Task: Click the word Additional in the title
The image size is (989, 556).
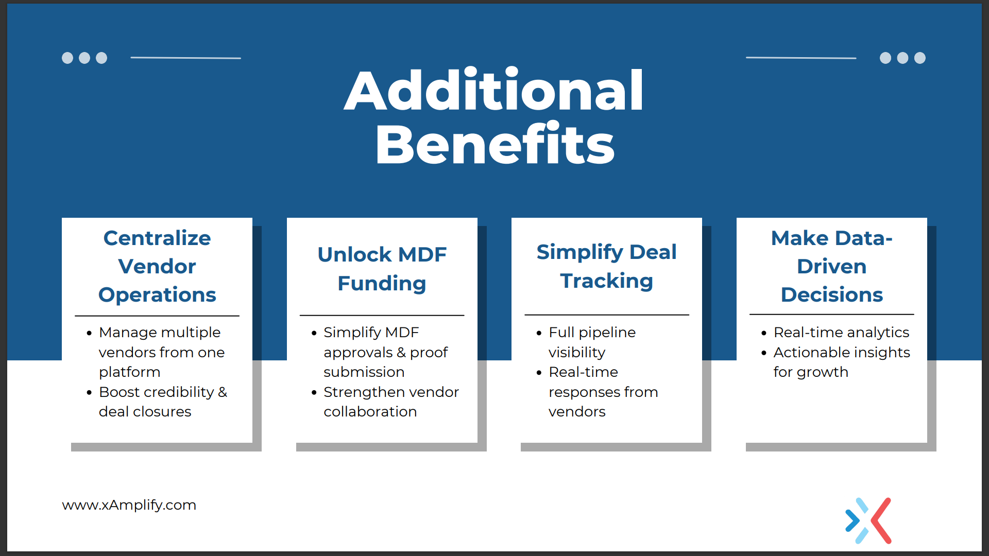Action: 494,91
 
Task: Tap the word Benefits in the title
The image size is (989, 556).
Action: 495,144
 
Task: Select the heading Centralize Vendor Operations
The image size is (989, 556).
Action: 157,266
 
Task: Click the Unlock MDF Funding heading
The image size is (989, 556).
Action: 382,269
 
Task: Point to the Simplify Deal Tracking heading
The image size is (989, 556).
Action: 606,266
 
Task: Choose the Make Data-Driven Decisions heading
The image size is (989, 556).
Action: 831,266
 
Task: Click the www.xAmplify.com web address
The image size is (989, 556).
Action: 129,505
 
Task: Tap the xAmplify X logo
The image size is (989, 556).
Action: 868,520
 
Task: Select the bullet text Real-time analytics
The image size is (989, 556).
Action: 841,332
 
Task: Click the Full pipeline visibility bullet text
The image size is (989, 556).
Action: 592,342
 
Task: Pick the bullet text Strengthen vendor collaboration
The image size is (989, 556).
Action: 391,402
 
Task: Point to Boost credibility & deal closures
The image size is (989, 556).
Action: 163,402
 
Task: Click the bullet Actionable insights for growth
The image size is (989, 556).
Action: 842,362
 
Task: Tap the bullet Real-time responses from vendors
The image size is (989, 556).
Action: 603,392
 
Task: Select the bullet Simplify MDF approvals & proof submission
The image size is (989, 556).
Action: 386,352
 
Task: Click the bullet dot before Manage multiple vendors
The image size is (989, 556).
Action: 89,333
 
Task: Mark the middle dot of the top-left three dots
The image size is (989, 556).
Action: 84,58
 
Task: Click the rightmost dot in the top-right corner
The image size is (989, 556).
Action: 920,58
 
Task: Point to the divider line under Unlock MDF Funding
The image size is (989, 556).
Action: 382,315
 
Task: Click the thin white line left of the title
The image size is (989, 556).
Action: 186,58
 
